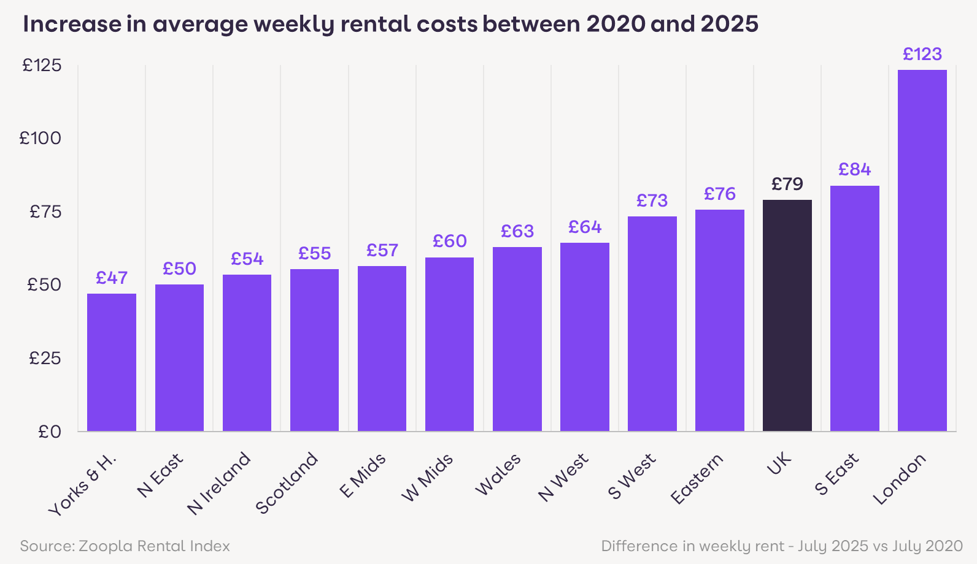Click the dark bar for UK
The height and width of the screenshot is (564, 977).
(x=787, y=315)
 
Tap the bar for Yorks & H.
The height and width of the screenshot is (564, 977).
(x=112, y=362)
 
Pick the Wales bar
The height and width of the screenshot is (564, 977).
(x=517, y=338)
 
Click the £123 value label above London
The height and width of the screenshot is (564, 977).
(x=922, y=55)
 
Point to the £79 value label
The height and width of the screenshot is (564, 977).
(x=787, y=184)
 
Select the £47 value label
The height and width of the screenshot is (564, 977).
(x=112, y=278)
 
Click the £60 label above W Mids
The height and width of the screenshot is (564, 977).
(x=449, y=242)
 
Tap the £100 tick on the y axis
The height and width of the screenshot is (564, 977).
(x=41, y=139)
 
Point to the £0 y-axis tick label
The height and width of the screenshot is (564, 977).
(x=49, y=432)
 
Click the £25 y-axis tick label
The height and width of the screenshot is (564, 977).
(x=45, y=359)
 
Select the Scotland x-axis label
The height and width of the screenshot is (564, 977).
(x=287, y=483)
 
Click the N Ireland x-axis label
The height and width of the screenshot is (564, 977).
(x=220, y=483)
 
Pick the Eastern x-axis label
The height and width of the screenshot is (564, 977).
(x=697, y=479)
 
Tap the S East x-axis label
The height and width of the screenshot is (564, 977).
(x=836, y=474)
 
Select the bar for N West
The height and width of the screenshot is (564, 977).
(x=584, y=337)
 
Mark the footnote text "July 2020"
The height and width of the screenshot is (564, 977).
(x=927, y=546)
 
